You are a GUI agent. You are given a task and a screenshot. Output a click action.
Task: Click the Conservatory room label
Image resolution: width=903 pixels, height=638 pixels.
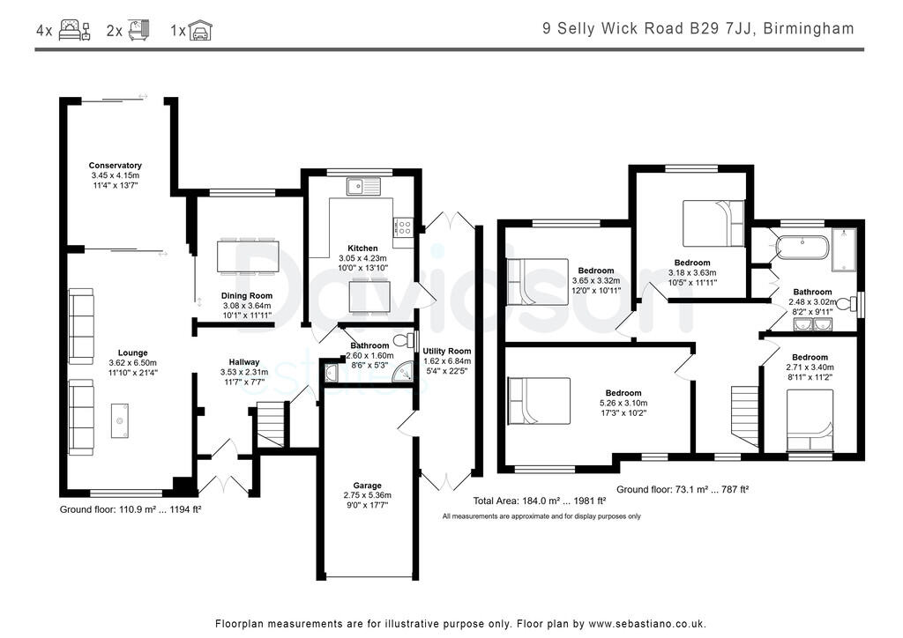(115, 166)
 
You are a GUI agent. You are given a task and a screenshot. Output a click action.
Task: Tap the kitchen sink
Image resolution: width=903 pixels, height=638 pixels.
(362, 186)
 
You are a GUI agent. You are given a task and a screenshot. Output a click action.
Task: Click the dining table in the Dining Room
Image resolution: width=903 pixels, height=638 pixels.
(247, 256)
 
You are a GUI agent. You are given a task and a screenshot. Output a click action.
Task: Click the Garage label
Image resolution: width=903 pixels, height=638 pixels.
(368, 486)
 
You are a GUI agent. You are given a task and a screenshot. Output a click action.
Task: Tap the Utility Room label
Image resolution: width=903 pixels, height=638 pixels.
(447, 351)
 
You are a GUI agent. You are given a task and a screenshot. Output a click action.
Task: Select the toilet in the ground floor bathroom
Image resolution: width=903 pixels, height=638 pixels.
(402, 340)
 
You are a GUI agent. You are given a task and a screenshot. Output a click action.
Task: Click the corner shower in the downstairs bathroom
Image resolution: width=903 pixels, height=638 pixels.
(404, 374)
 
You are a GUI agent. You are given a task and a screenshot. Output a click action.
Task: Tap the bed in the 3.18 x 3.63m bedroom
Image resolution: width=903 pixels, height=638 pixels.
(713, 223)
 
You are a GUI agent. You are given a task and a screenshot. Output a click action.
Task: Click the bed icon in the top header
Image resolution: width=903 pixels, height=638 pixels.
(74, 31)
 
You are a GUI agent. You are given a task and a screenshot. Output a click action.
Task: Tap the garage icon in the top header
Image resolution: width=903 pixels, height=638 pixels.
(202, 31)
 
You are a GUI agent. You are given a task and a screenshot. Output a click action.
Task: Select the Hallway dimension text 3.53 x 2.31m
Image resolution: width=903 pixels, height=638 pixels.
(244, 373)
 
